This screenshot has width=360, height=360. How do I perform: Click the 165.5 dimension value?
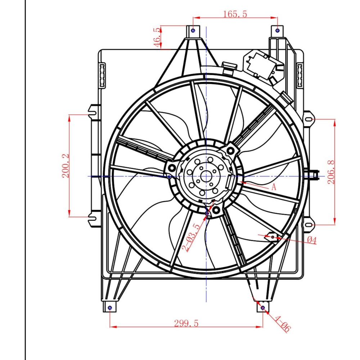click(235, 14)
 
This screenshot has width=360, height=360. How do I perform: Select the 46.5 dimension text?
click(157, 37)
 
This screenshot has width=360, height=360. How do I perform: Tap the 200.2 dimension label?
click(66, 166)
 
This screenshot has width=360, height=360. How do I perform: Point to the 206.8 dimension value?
click(331, 172)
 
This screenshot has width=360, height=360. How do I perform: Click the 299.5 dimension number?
click(186, 323)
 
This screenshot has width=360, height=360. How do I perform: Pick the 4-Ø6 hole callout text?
click(283, 324)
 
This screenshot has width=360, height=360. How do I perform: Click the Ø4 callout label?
click(312, 240)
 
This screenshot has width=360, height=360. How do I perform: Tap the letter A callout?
click(274, 187)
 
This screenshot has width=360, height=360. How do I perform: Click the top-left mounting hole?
click(193, 30)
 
